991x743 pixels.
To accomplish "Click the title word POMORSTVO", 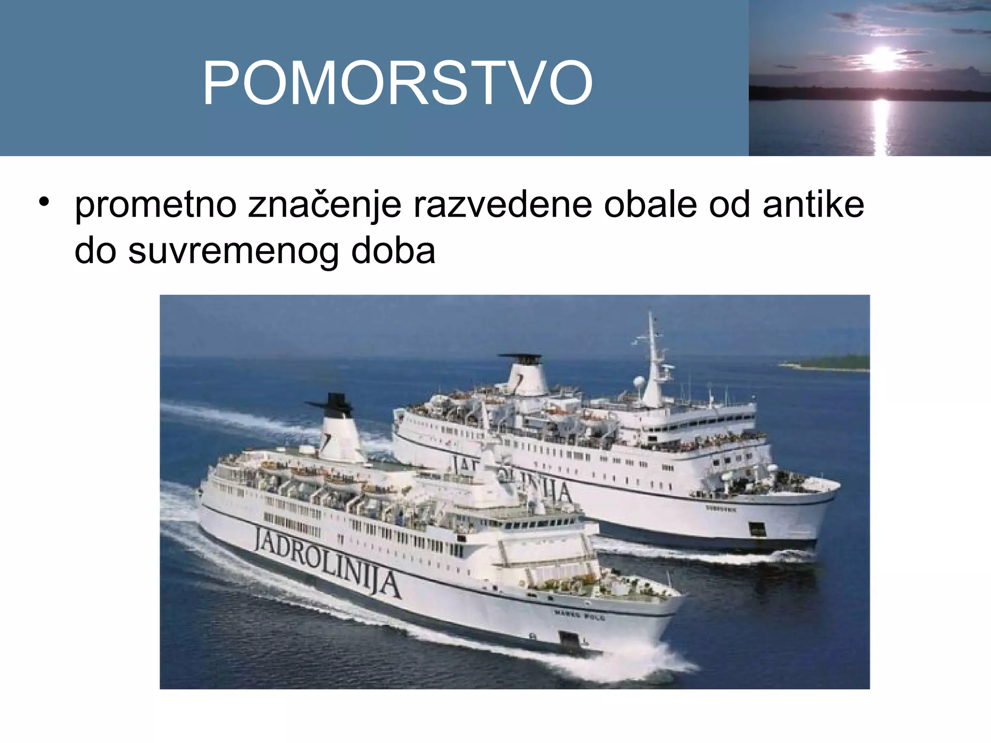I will [x=397, y=83].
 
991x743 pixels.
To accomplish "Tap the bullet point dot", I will [x=45, y=202].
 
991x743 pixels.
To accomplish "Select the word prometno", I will [x=155, y=205].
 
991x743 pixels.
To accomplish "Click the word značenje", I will [x=325, y=205].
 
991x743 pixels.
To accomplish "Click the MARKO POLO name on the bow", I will [x=579, y=615].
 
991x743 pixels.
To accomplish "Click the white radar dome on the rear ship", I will [x=639, y=382].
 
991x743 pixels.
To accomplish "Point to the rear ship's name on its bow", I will [x=721, y=508].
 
